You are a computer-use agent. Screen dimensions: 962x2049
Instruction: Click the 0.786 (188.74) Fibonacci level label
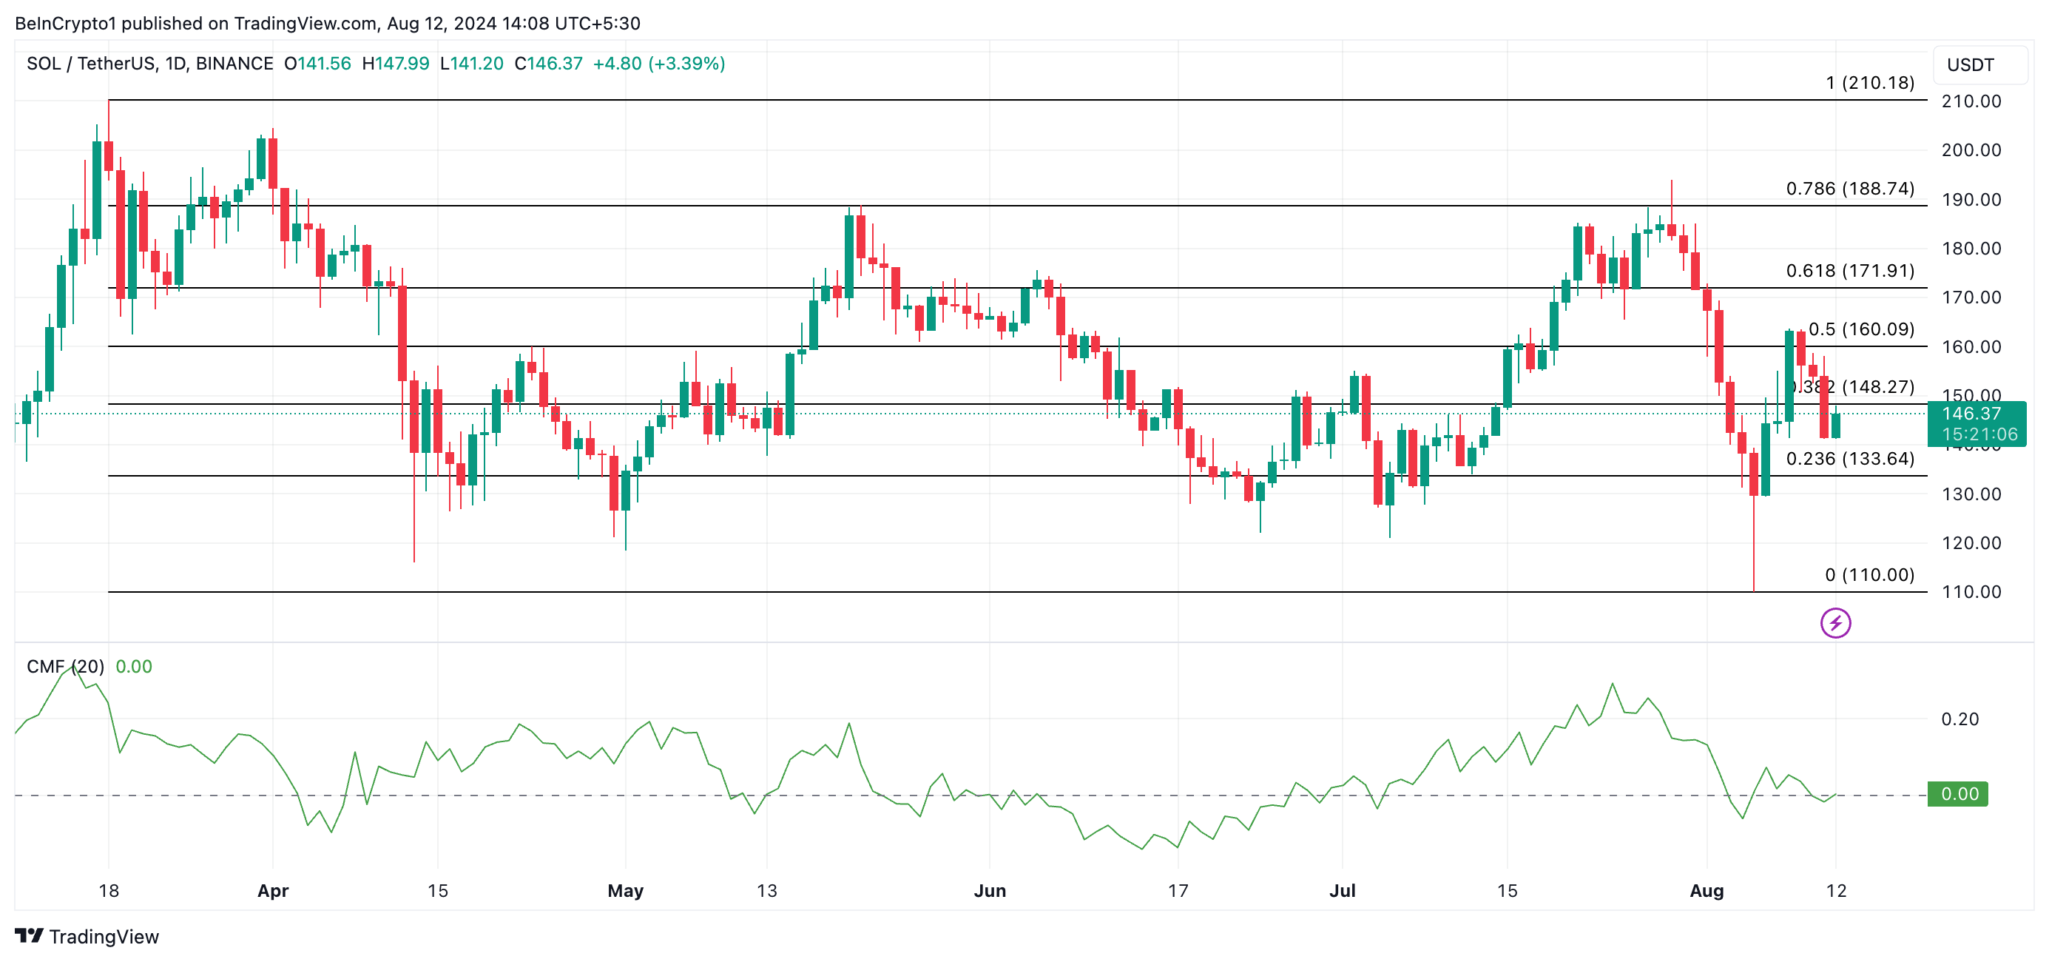[x=1849, y=189]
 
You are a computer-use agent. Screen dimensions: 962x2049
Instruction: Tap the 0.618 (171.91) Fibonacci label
[x=1849, y=271]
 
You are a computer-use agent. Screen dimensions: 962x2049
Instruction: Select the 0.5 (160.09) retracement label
[x=1861, y=329]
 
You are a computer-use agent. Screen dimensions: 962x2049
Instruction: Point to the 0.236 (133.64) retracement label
[x=1849, y=458]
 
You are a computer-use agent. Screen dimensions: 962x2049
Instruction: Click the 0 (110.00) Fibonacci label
[x=1869, y=574]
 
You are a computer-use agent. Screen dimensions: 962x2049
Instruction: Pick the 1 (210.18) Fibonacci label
[x=1869, y=83]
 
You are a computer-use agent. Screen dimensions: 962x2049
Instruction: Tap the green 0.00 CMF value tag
[x=1957, y=793]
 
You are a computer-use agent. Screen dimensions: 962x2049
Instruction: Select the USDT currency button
[x=1971, y=65]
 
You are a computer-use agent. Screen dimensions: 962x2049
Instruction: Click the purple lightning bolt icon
[x=1835, y=623]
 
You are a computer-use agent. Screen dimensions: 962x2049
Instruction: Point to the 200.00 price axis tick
[x=1971, y=150]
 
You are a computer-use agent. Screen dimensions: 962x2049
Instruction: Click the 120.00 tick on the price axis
[x=1971, y=543]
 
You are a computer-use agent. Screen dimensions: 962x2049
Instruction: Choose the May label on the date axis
[x=625, y=890]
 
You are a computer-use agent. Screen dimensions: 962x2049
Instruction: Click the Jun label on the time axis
[x=990, y=890]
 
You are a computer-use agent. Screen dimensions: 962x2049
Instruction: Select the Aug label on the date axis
[x=1707, y=890]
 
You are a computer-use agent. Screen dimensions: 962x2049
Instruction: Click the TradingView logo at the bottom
[x=87, y=937]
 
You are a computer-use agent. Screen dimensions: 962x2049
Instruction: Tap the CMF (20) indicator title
[x=65, y=667]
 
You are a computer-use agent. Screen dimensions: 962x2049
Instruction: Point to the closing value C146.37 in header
[x=548, y=64]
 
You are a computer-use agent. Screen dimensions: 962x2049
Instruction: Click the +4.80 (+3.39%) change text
[x=658, y=64]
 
